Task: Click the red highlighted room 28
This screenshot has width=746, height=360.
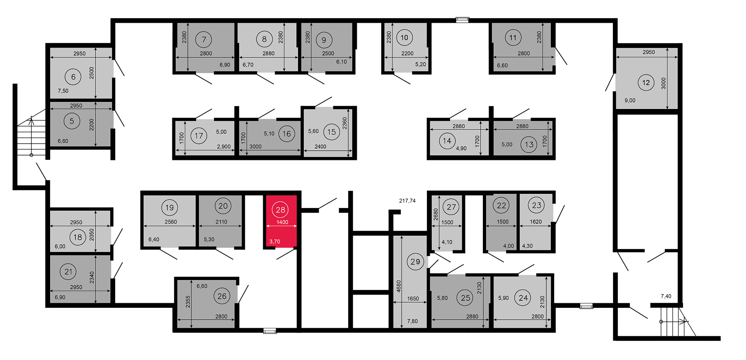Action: click(281, 221)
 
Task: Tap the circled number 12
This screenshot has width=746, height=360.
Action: click(646, 82)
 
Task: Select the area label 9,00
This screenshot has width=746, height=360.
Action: click(630, 100)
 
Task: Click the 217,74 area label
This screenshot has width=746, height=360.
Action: click(407, 201)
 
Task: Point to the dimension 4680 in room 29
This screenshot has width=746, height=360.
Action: click(399, 286)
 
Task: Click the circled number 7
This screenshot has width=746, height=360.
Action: click(204, 40)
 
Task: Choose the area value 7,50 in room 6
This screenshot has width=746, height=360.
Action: click(63, 91)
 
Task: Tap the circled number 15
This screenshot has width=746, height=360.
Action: click(332, 132)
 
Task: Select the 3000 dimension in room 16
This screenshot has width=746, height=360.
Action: click(255, 147)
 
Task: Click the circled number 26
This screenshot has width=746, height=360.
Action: click(222, 296)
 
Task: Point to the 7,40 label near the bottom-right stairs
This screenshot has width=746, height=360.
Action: click(666, 296)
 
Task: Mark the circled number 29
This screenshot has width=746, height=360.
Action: click(415, 261)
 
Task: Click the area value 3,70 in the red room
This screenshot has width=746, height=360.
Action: click(275, 242)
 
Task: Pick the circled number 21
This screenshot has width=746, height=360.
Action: click(68, 271)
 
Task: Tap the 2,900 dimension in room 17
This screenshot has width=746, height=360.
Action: click(224, 147)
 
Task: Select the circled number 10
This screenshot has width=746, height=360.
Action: click(404, 38)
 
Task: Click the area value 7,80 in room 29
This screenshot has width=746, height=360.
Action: click(412, 321)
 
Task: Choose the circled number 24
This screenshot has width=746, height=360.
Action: click(523, 298)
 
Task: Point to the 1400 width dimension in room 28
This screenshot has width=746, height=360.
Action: click(282, 222)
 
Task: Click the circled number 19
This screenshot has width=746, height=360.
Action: click(170, 208)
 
